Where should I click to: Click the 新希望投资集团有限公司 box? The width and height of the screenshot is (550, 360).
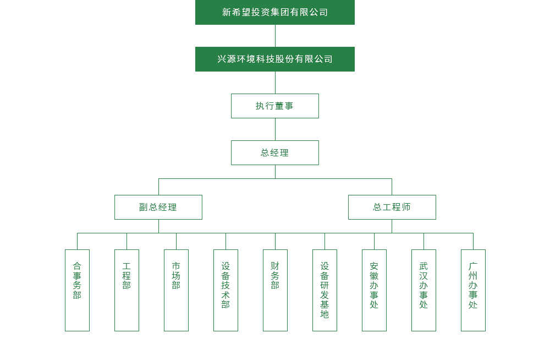click(275, 12)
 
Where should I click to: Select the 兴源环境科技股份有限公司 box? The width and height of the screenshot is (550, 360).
click(275, 59)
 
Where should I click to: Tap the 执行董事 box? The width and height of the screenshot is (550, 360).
click(275, 106)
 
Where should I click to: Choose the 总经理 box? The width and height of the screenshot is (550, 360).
click(275, 152)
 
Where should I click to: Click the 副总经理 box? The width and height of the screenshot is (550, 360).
click(158, 207)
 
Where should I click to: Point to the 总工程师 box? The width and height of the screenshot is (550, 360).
click(392, 207)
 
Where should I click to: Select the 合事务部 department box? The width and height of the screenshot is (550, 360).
click(77, 290)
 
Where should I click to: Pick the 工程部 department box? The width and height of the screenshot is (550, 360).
click(127, 290)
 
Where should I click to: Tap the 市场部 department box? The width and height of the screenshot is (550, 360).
click(176, 290)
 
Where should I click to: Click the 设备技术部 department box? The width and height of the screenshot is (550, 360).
click(226, 290)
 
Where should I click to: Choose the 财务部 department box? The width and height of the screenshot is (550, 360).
click(275, 290)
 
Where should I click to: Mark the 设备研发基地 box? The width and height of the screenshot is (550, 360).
click(324, 290)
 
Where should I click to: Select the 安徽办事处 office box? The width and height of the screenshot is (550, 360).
click(374, 290)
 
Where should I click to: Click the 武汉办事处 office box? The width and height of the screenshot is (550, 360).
click(424, 290)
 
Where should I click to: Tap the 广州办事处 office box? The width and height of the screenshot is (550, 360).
click(473, 290)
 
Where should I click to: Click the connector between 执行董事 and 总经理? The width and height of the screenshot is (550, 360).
click(275, 129)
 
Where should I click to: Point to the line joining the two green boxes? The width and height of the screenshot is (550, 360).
click(275, 36)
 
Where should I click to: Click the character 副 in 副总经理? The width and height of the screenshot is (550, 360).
click(144, 208)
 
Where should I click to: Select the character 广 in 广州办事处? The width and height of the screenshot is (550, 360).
click(473, 266)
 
